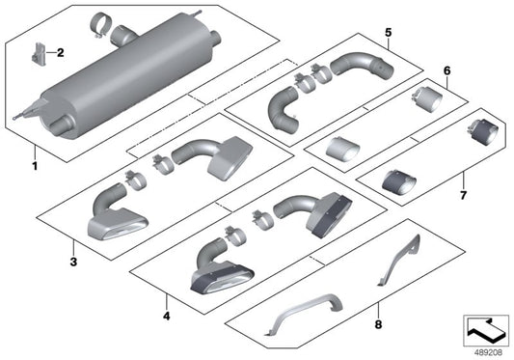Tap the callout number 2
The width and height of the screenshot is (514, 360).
[x=60, y=52]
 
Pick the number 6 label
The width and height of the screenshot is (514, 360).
[x=446, y=71]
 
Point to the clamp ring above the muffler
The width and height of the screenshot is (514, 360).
[x=99, y=21]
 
